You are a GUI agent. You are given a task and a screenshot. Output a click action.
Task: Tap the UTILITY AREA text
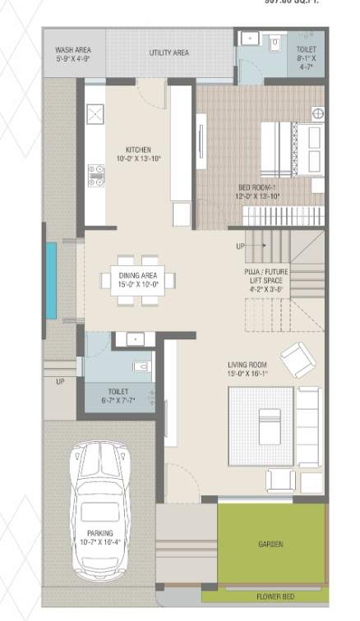point(168,53)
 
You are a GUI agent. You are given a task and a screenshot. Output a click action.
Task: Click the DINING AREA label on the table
point(138,278)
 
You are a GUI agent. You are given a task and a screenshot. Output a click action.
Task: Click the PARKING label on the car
point(99,538)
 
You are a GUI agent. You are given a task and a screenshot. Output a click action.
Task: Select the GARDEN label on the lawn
point(270,545)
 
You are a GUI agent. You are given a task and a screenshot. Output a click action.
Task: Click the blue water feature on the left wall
point(52,278)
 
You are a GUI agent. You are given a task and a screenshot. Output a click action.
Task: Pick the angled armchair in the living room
point(296,359)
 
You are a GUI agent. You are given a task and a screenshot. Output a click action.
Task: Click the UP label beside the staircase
point(240,246)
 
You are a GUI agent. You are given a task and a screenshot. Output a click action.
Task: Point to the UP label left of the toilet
point(60,381)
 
